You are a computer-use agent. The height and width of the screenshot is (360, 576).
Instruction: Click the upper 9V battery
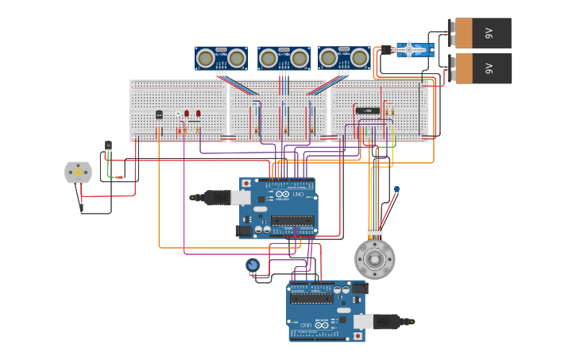481,33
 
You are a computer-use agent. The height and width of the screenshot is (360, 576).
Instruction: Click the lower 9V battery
481,68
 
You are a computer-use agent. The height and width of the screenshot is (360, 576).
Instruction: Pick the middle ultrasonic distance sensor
284,57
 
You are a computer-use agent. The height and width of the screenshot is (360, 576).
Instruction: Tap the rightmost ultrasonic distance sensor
344,57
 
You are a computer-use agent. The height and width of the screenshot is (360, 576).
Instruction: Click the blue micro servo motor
415,50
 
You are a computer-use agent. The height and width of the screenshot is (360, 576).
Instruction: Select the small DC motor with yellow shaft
78,172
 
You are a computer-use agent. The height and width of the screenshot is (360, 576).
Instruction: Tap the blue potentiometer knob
253,265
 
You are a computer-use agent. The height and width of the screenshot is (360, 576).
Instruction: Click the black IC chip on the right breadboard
365,110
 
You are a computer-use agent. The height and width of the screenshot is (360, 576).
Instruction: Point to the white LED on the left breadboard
177,114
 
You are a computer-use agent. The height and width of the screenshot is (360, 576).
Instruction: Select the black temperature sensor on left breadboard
159,114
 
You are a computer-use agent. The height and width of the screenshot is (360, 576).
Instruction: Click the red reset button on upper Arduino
246,184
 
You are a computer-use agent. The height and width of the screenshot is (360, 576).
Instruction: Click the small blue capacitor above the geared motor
396,189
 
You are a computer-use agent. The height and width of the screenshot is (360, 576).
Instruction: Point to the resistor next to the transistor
118,177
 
